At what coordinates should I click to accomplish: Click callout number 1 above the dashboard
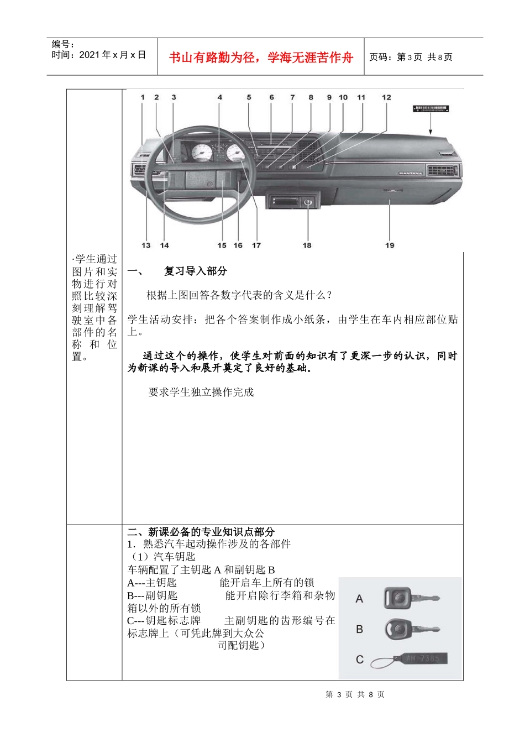(x=143, y=97)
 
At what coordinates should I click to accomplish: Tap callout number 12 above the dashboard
(x=386, y=97)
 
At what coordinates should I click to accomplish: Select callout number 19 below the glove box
(x=390, y=245)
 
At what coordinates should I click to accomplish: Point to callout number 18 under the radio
(x=307, y=245)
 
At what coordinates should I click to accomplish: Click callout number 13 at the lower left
(x=146, y=245)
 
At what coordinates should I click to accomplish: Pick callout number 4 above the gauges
(x=219, y=97)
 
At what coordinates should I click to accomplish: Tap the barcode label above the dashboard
(x=430, y=109)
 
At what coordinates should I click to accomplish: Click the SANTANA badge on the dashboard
(x=410, y=173)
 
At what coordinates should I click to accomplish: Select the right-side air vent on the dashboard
(x=442, y=171)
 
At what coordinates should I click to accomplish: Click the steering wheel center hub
(x=204, y=181)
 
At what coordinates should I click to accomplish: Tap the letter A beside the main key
(x=359, y=599)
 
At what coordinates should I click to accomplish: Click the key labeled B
(x=412, y=629)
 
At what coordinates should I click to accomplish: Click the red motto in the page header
(x=261, y=57)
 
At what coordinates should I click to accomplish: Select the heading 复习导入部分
(x=195, y=271)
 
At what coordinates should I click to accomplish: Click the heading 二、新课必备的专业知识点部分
(x=201, y=532)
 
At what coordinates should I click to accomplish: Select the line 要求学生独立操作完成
(x=201, y=392)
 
